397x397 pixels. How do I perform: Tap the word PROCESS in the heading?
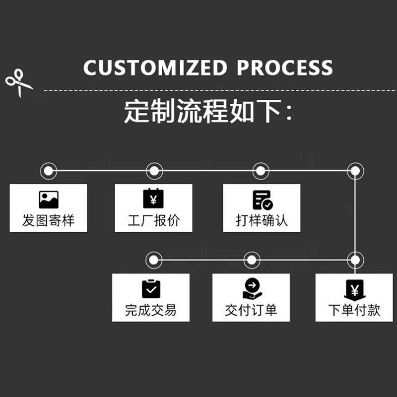tap(284, 68)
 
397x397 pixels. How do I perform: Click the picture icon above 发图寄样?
tap(48, 199)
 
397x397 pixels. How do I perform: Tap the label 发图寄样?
tap(48, 220)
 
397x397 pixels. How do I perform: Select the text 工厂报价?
tap(153, 220)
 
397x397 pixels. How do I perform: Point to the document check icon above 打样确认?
tap(262, 199)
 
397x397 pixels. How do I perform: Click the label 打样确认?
tap(262, 220)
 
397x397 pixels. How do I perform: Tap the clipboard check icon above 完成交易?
tap(151, 288)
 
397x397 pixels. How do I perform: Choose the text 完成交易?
tap(150, 311)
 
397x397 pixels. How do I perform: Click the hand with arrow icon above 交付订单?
tap(252, 289)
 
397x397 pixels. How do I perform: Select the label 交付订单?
tap(251, 311)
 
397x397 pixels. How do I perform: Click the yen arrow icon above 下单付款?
tap(354, 289)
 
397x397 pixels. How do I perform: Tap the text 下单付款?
tap(354, 311)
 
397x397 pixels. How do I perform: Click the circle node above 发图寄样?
tap(48, 171)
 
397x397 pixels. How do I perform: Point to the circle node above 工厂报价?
tap(154, 171)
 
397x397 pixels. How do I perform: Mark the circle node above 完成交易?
tap(154, 260)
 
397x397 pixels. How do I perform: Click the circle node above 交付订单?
tap(252, 260)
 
